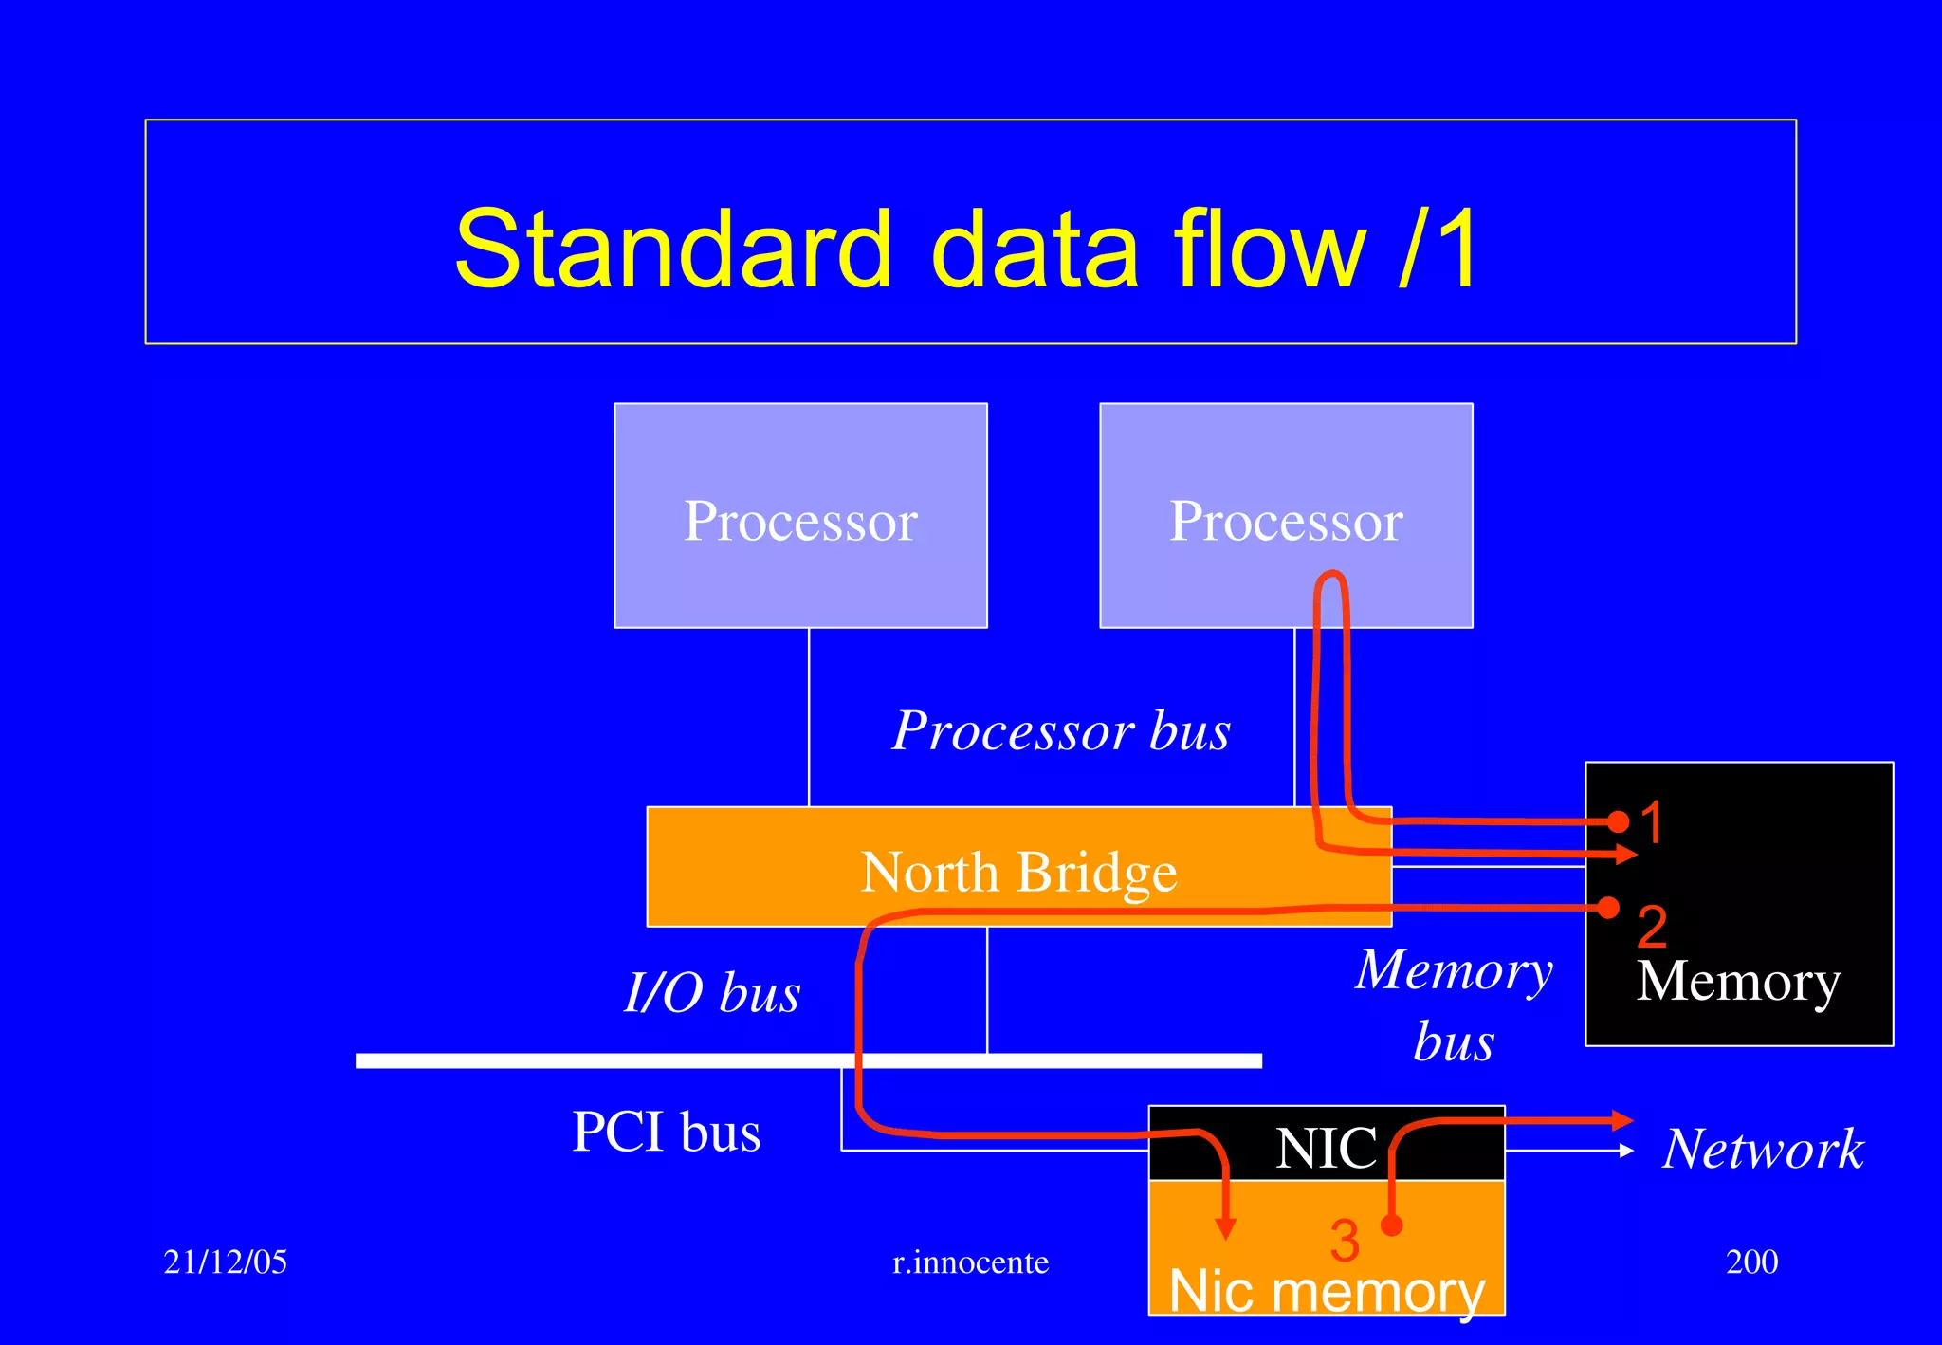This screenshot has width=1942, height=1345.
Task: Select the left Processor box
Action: (800, 516)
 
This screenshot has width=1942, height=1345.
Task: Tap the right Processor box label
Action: (1286, 521)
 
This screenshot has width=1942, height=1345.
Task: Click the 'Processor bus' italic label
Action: (1061, 730)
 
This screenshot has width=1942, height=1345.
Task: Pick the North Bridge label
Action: (1018, 872)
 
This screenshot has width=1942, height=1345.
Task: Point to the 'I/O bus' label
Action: (712, 992)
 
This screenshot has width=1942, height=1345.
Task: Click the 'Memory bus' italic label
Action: (1454, 1005)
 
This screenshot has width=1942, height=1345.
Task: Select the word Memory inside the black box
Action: (1738, 981)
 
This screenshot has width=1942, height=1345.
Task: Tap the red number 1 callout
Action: (1651, 821)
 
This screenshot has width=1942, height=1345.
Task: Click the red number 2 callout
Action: (1651, 926)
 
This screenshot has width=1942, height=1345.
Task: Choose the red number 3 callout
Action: (1344, 1240)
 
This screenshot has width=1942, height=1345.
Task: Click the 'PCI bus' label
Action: (666, 1132)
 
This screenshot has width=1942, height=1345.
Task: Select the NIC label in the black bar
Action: (1326, 1148)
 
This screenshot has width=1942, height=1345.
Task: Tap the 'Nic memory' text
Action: (1326, 1291)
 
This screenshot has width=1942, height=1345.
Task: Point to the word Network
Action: (1763, 1149)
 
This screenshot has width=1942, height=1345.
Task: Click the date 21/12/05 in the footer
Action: (225, 1262)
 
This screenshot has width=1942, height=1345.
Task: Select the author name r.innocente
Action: (970, 1262)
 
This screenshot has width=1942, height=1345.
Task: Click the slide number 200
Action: (1751, 1262)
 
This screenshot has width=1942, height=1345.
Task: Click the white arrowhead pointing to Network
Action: (1626, 1151)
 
